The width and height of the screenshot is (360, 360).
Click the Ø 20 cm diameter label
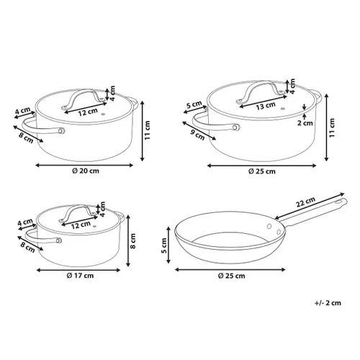86,171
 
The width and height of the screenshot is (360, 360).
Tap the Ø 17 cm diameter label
80,276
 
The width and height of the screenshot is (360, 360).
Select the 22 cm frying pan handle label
305,202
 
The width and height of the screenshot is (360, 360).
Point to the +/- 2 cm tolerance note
328,303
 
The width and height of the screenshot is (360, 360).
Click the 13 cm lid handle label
266,106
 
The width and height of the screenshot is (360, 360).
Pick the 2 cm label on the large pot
305,123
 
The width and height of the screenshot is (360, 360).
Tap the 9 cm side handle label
198,135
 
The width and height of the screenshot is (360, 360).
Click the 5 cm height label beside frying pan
164,246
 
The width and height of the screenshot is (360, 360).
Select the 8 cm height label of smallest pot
132,241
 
